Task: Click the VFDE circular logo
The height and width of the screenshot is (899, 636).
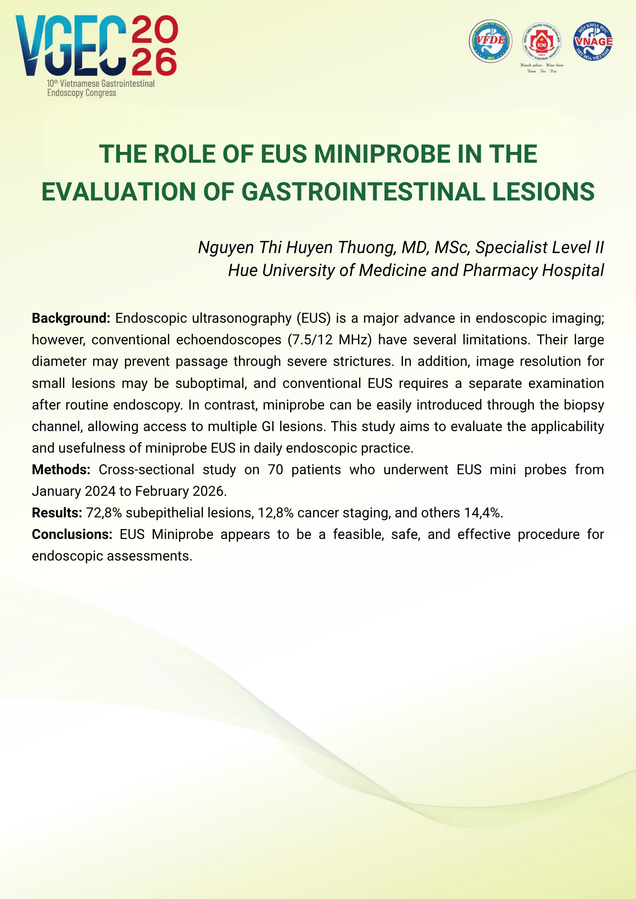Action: pyautogui.click(x=491, y=41)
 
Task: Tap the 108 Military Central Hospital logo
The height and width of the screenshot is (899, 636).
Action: pyautogui.click(x=541, y=42)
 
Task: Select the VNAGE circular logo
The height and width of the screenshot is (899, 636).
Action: pyautogui.click(x=593, y=40)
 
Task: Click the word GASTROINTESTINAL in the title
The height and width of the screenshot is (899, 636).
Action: pyautogui.click(x=363, y=192)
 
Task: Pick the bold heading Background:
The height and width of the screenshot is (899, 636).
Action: pyautogui.click(x=71, y=318)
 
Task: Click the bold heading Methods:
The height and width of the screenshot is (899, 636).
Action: pyautogui.click(x=61, y=470)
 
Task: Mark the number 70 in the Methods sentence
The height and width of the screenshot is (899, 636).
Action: pyautogui.click(x=275, y=470)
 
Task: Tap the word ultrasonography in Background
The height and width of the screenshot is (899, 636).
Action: pyautogui.click(x=240, y=318)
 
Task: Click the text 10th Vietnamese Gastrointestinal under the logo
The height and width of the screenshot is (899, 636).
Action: pyautogui.click(x=101, y=84)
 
